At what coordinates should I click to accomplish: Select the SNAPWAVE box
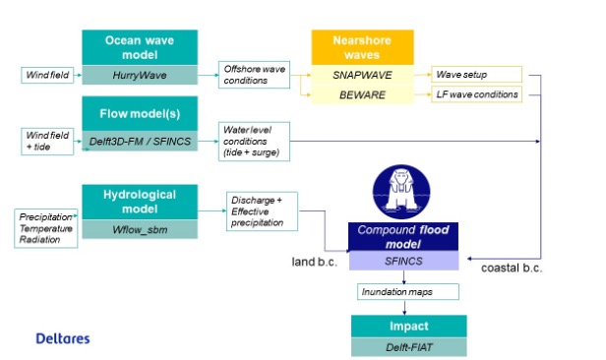pos(360,75)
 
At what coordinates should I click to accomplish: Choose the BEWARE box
pos(360,94)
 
